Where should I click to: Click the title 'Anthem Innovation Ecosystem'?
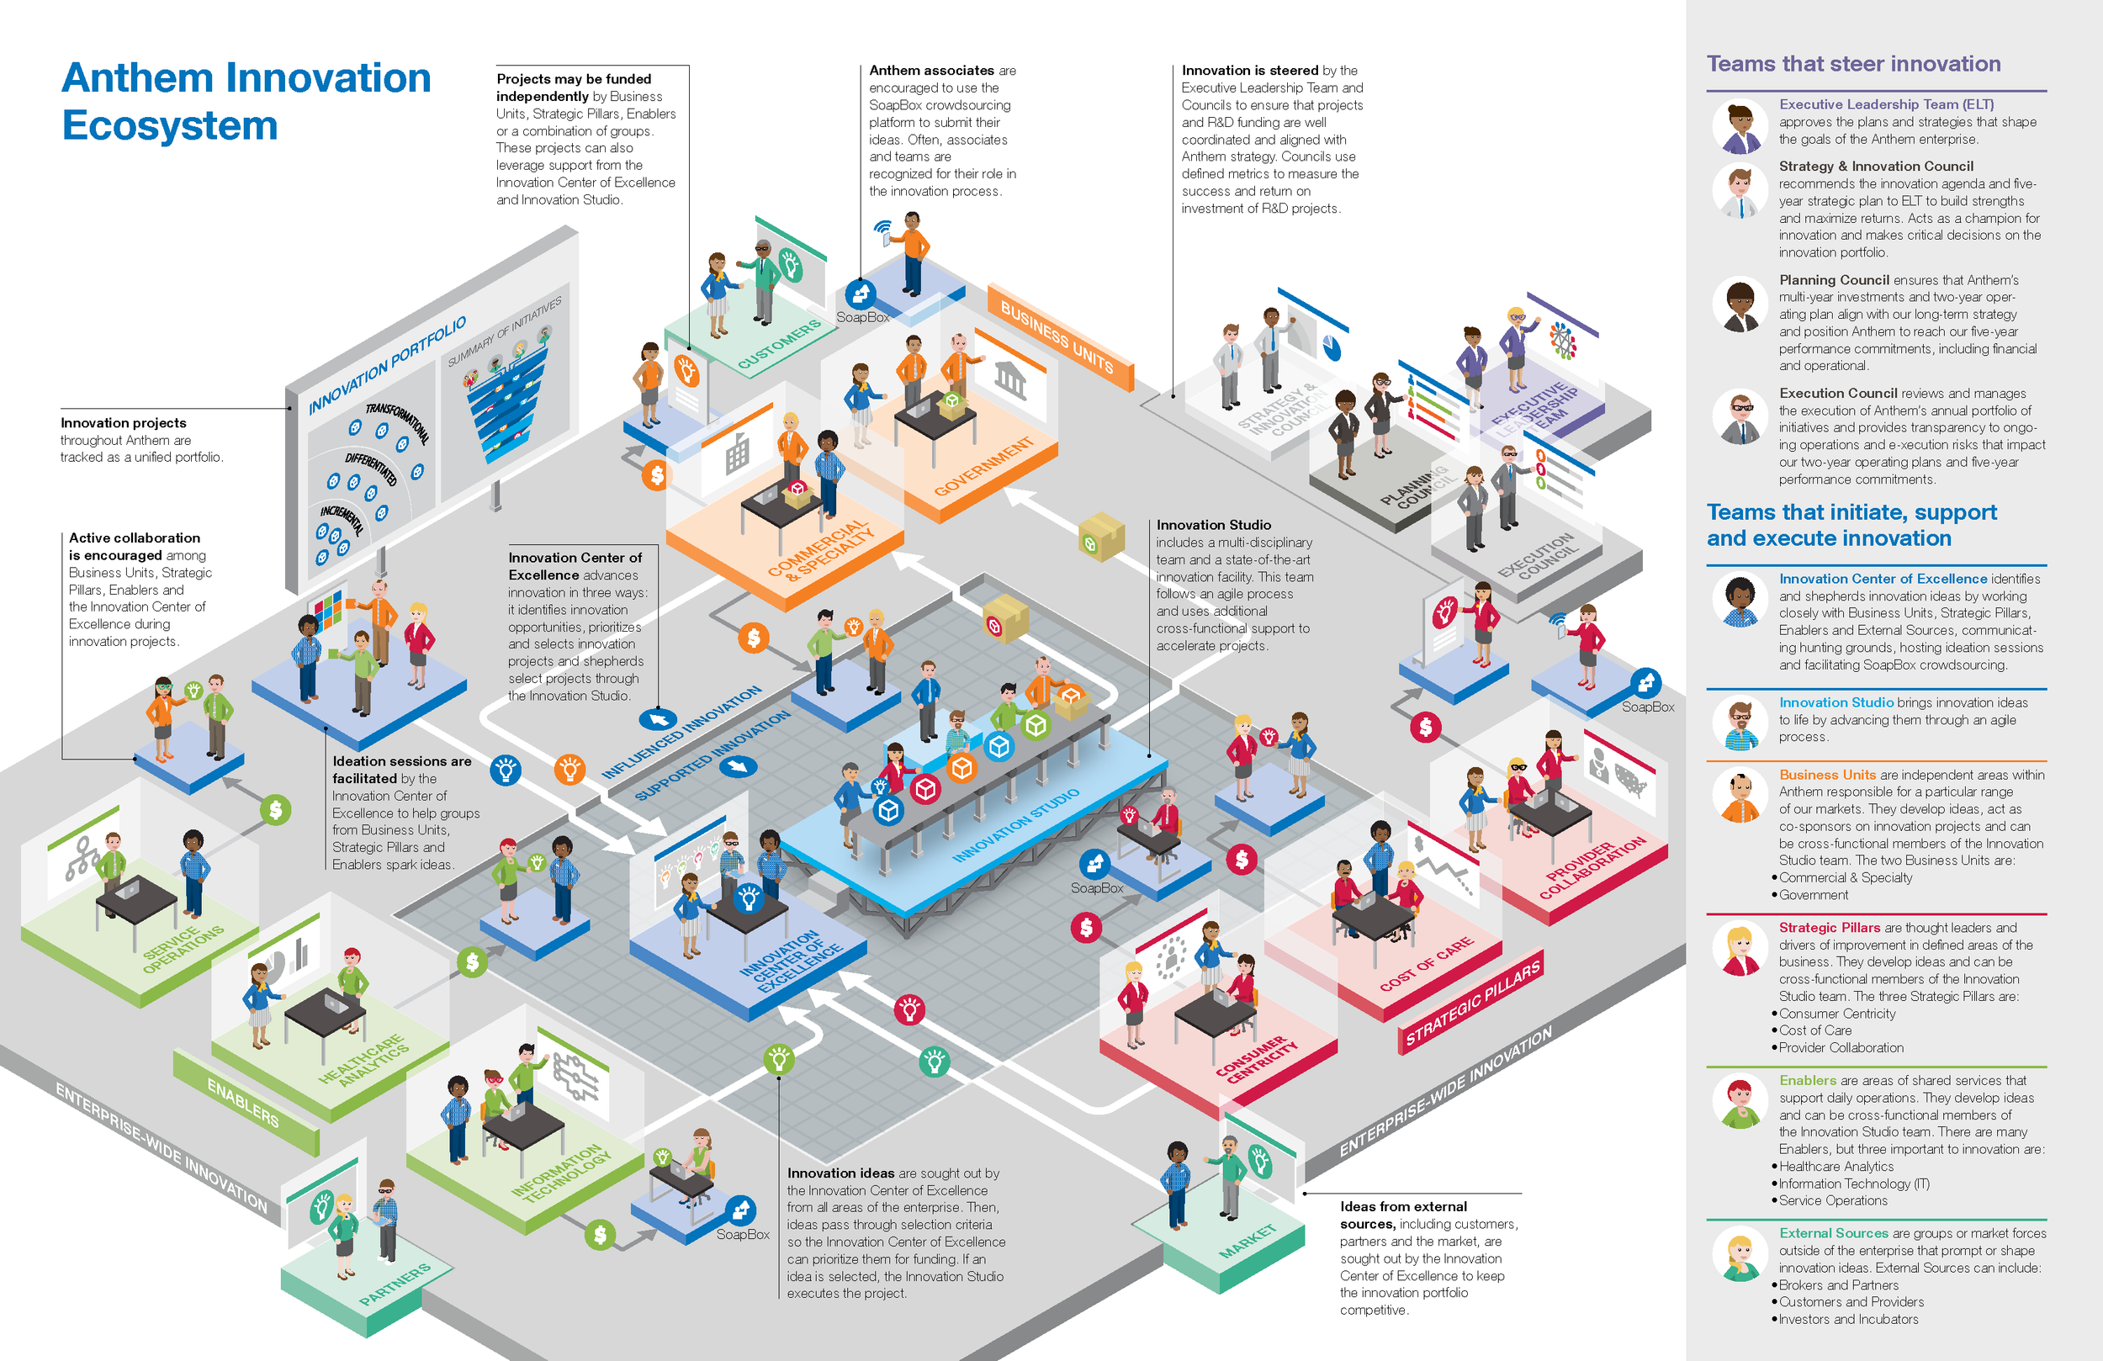[x=246, y=101]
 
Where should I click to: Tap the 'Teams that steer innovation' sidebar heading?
[x=1853, y=64]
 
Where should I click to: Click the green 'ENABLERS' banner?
[x=242, y=1102]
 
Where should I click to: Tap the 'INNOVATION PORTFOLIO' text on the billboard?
[x=387, y=365]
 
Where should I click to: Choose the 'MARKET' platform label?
[x=1247, y=1241]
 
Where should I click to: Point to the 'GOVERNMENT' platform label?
[x=983, y=465]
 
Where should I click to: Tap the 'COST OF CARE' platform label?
[x=1426, y=963]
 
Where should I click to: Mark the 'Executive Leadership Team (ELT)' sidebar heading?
[x=1886, y=104]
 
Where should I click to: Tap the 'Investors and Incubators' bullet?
[x=1847, y=1320]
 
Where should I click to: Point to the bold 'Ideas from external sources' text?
[x=1403, y=1215]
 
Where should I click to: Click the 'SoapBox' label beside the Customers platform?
[x=862, y=317]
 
